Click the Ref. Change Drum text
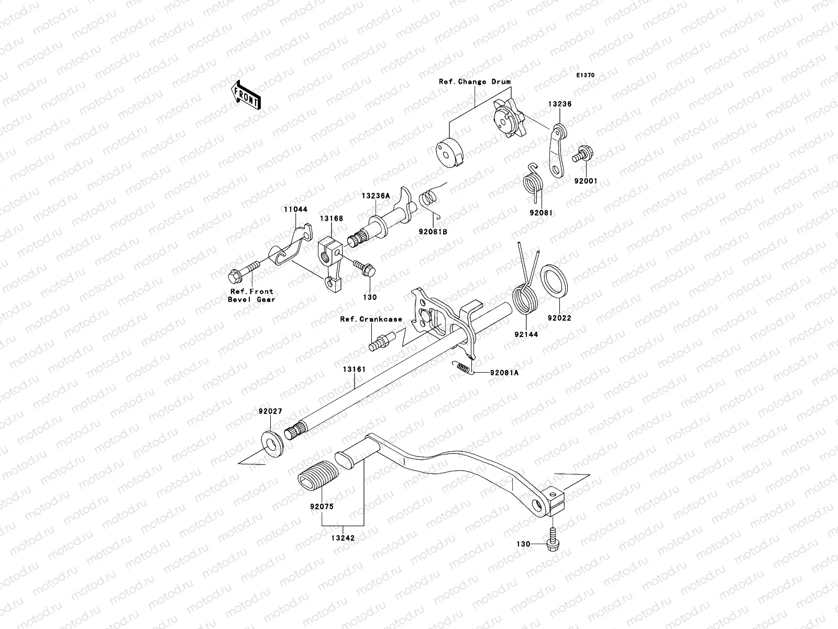pyautogui.click(x=475, y=82)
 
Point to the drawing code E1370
pyautogui.click(x=586, y=75)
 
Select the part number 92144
pyautogui.click(x=525, y=333)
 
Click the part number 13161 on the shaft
pyautogui.click(x=354, y=370)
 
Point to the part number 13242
pyautogui.click(x=343, y=538)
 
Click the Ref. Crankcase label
pyautogui.click(x=371, y=319)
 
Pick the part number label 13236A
pyautogui.click(x=375, y=196)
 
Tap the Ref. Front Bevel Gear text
pyautogui.click(x=251, y=295)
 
